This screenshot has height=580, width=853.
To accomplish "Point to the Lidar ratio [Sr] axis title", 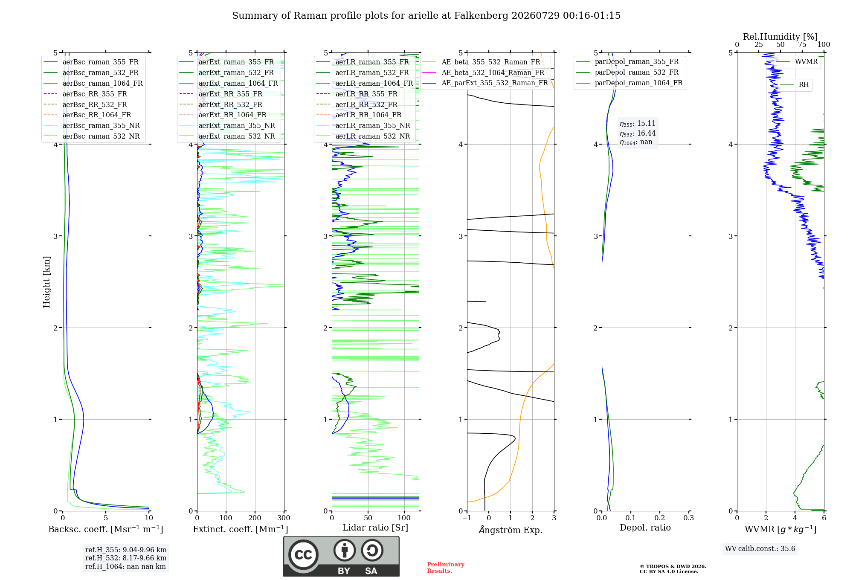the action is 375,528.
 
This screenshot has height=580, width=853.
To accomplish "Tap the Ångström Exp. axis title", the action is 511,530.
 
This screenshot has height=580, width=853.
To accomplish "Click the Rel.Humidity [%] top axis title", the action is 780,37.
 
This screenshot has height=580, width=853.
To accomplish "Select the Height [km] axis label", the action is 46,282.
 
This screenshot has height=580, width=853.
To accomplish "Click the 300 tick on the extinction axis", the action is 284,518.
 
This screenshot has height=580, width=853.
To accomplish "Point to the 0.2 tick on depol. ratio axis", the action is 660,518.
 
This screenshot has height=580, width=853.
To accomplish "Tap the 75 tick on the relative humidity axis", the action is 802,45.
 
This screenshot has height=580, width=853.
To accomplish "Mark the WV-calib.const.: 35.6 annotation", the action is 760,549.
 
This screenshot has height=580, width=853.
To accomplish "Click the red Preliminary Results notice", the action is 446,568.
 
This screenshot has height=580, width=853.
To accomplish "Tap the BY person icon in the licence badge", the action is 344,551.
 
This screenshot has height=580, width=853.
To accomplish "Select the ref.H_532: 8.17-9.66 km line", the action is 126,558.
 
